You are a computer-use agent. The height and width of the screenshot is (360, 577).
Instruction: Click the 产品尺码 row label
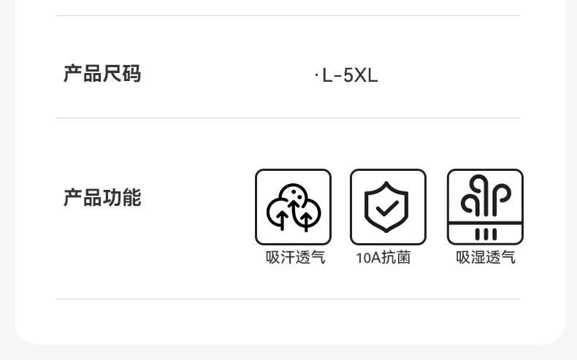[x=102, y=74]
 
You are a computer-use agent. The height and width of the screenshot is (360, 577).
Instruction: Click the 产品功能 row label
[x=102, y=198]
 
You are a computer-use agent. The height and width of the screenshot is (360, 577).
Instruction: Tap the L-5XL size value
[x=349, y=76]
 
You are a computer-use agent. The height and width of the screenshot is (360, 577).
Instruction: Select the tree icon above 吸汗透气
[x=293, y=207]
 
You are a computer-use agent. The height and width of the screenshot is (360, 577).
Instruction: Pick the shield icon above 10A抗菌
[x=388, y=207]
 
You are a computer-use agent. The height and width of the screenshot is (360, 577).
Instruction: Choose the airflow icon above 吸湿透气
[x=485, y=207]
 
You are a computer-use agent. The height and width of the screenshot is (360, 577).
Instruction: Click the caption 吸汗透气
[x=295, y=258]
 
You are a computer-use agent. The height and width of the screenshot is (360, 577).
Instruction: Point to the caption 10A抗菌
[x=383, y=258]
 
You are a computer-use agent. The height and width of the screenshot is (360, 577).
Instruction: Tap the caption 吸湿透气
[x=486, y=258]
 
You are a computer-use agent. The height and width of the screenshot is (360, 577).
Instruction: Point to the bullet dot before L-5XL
[x=316, y=75]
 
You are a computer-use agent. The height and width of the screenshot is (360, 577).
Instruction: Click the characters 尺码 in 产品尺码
[x=121, y=74]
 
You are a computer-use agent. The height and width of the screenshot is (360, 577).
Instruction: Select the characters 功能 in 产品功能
[x=121, y=198]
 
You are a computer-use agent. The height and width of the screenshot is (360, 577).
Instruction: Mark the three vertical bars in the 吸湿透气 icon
[x=486, y=234]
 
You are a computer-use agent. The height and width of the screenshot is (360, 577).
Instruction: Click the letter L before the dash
[x=327, y=76]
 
